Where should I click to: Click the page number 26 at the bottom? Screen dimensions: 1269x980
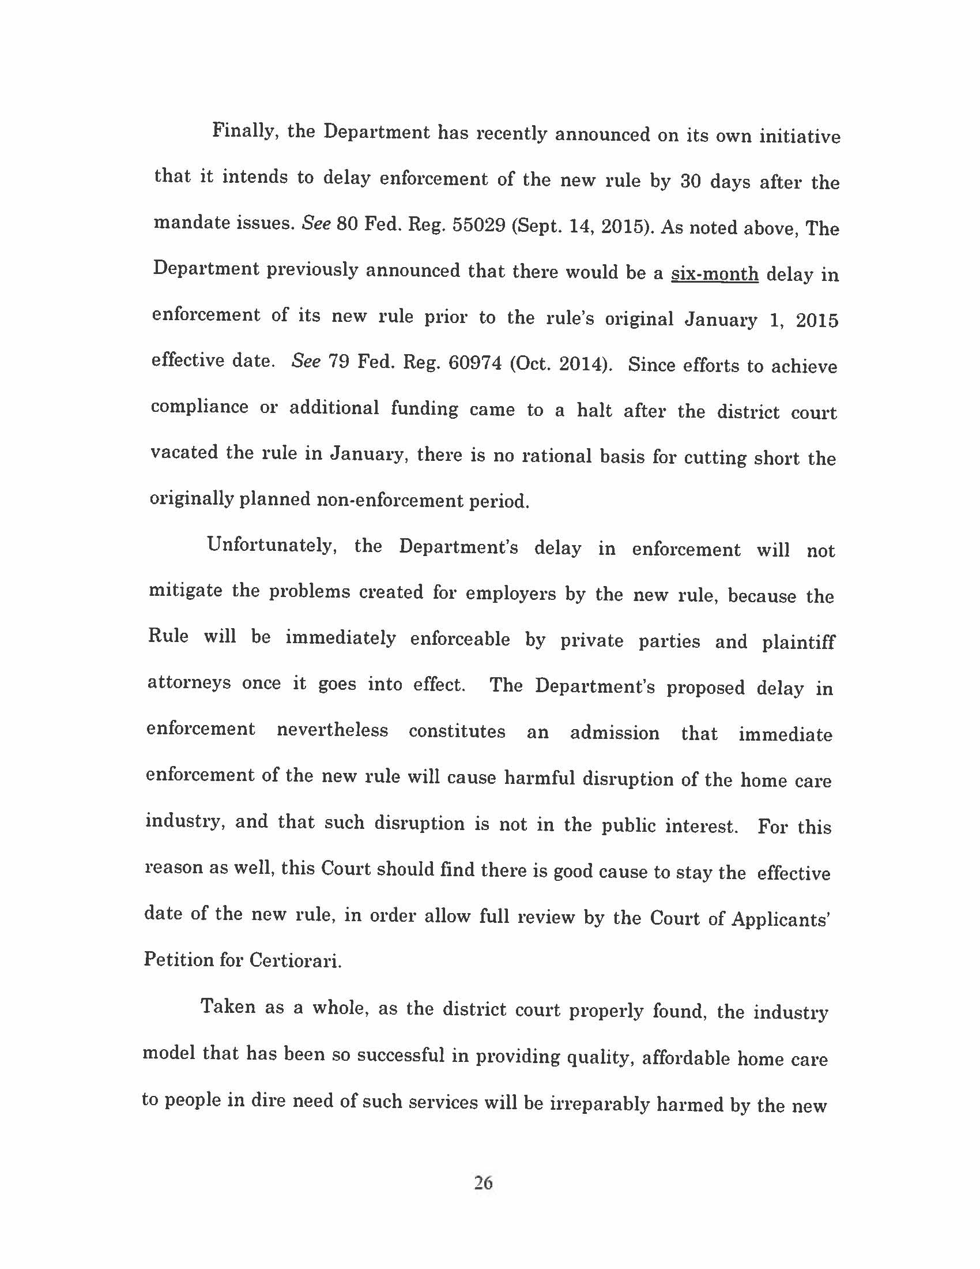[x=483, y=1182]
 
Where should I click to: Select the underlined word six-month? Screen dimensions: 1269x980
[x=714, y=273]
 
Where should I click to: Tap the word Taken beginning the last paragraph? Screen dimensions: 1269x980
[x=228, y=1006]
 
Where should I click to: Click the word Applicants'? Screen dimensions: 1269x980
[x=780, y=919]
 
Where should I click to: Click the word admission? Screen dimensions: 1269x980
[x=615, y=733]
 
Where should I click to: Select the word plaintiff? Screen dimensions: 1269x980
[x=798, y=642]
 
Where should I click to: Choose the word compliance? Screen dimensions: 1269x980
[x=199, y=406]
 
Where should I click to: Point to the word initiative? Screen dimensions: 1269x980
[x=800, y=137]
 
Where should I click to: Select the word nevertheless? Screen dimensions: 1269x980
[x=332, y=729]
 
